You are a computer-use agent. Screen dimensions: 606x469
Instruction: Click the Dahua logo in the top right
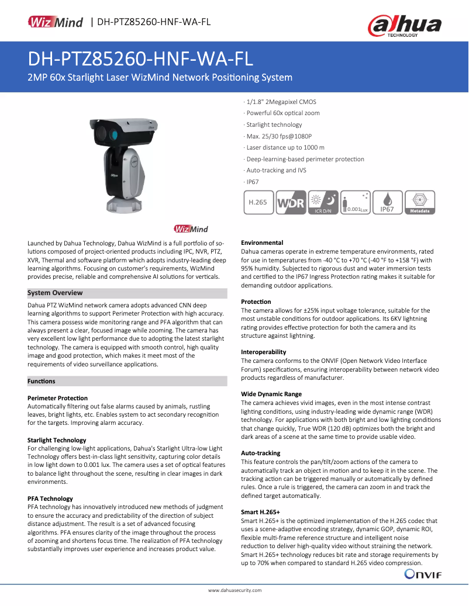point(404,26)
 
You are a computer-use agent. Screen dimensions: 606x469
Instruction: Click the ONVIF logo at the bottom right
point(423,575)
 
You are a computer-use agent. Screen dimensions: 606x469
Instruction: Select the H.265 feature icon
point(258,202)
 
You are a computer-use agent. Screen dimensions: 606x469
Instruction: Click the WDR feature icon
point(291,202)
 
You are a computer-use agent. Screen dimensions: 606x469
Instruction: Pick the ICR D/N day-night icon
point(323,202)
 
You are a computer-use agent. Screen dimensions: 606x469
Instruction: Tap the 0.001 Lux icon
point(356,202)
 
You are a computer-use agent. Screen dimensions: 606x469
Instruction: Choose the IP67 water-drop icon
point(387,202)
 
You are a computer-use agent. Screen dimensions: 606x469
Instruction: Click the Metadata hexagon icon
point(419,202)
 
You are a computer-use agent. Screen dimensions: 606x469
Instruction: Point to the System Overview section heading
point(56,293)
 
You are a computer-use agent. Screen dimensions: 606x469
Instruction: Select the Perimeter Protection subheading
point(57,398)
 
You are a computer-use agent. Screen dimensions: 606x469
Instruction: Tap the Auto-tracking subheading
point(261,453)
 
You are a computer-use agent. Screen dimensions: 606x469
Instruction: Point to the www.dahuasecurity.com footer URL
point(235,591)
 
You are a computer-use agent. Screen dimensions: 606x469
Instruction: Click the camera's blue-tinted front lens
point(113,134)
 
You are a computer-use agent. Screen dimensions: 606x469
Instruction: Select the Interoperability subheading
point(264,352)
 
